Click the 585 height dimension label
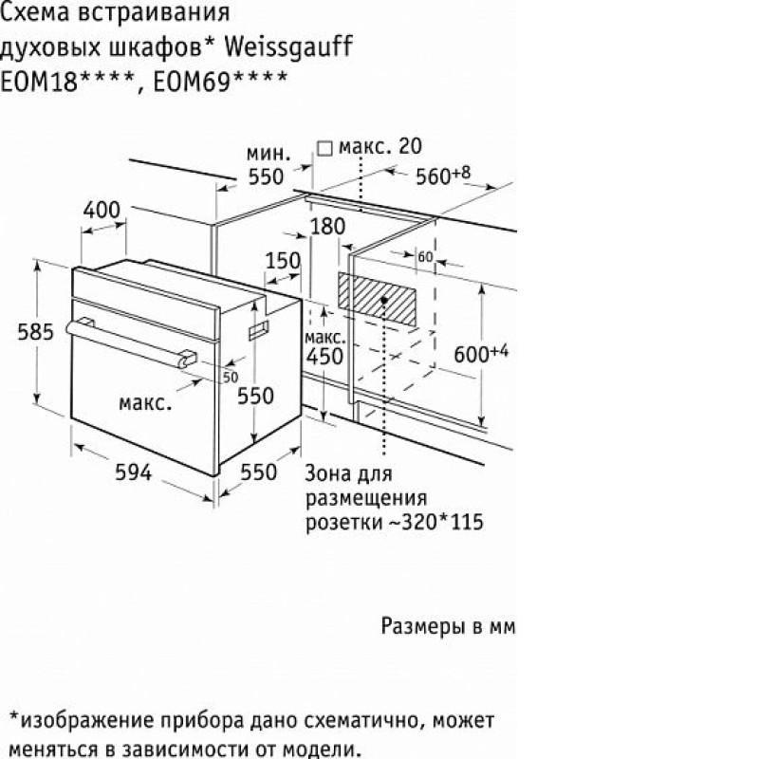click(35, 332)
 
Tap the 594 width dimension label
click(133, 472)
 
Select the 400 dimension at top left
click(102, 210)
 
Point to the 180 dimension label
click(327, 226)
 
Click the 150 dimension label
click(283, 261)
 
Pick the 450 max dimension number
click(324, 357)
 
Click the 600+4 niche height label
click(481, 353)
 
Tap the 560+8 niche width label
click(443, 176)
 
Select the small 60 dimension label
click(425, 256)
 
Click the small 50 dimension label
click(231, 377)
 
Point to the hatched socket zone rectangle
click(377, 299)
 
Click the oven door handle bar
click(127, 342)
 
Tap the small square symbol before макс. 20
click(324, 148)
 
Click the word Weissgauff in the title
click(288, 48)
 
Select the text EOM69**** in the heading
click(220, 81)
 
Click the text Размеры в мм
click(448, 626)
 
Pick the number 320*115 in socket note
click(441, 522)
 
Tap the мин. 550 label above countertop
click(268, 165)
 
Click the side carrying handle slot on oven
click(258, 329)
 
